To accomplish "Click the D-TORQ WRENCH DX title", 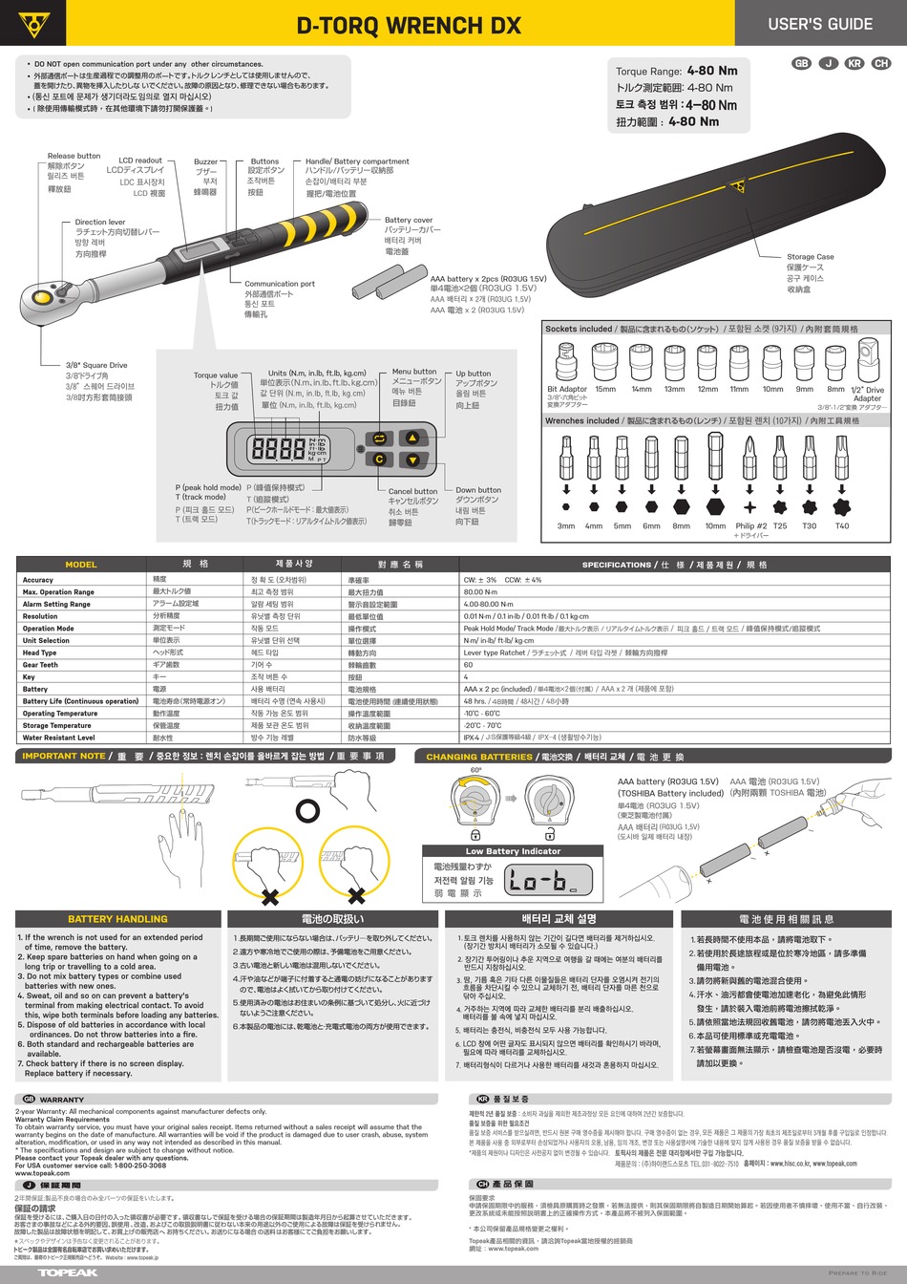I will (x=409, y=26).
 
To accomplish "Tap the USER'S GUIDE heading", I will (x=819, y=24).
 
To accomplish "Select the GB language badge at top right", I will (x=801, y=63).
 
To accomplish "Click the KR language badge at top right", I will (x=854, y=63).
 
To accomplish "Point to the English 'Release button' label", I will (x=74, y=156).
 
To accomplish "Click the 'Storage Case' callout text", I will (x=810, y=257).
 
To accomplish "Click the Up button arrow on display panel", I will (x=412, y=438).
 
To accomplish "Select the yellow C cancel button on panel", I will (x=379, y=460).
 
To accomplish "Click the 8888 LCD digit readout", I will (x=277, y=448).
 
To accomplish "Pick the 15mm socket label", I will (x=605, y=390).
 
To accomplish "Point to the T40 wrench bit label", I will (x=841, y=525).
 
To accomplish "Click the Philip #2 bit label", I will (x=750, y=525).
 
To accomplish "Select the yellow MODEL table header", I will (x=81, y=565).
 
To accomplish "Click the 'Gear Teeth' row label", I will (x=40, y=665).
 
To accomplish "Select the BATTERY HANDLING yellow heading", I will (x=117, y=919).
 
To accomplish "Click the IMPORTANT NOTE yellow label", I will (x=64, y=756).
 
